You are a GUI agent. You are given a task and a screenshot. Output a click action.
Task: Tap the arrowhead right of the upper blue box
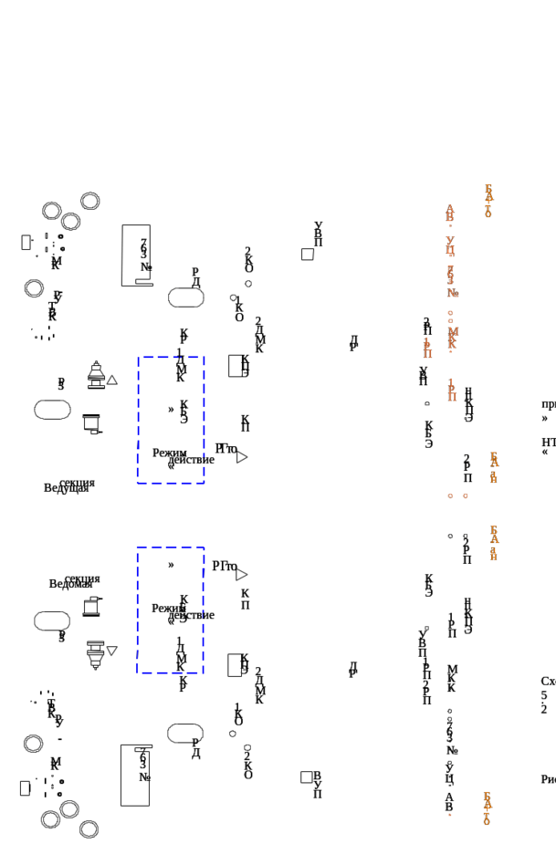(243, 454)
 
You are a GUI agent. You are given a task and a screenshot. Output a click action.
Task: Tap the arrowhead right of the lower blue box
(243, 572)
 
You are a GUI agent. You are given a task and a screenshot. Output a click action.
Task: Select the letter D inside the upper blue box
(171, 410)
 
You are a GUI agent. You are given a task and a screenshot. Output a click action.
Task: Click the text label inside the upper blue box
(183, 455)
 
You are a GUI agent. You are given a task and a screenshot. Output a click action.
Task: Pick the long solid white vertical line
(122, 255)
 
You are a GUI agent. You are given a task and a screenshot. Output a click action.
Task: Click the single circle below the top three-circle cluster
(34, 288)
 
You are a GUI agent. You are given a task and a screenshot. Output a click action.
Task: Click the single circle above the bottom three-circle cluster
(34, 744)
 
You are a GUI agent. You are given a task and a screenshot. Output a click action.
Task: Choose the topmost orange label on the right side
(488, 201)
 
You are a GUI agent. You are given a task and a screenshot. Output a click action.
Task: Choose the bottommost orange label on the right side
(487, 808)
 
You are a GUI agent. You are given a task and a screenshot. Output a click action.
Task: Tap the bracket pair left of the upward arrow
(52, 409)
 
